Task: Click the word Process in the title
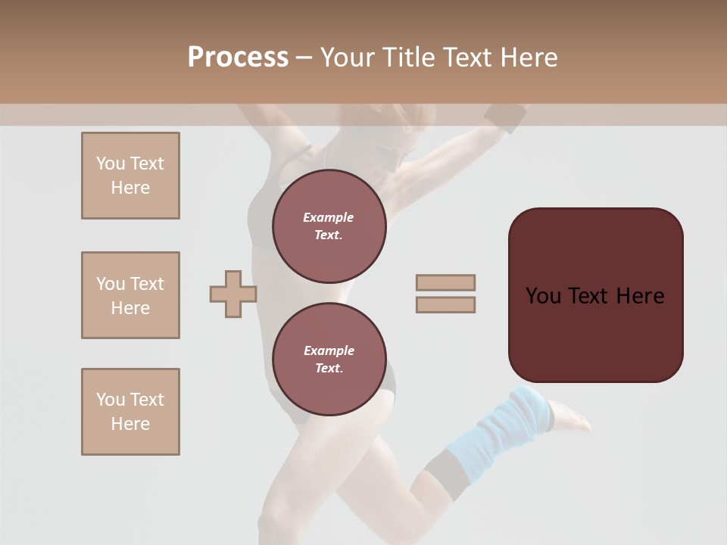point(238,58)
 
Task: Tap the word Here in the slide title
point(526,58)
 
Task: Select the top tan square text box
point(130,176)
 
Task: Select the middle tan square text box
point(130,295)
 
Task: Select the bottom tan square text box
point(130,412)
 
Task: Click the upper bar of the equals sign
point(445,282)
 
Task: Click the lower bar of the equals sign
point(445,305)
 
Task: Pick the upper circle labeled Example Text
point(329,226)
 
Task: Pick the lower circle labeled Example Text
point(329,359)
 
